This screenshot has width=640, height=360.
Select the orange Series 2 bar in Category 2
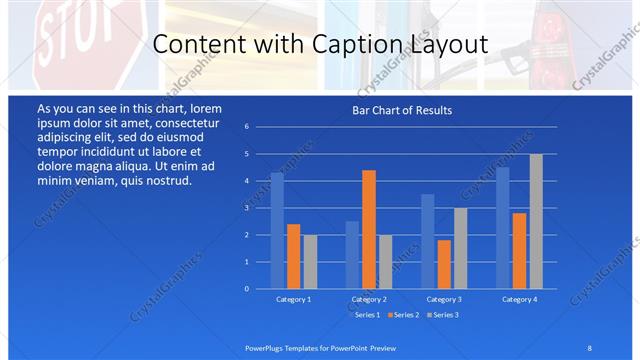[x=369, y=229]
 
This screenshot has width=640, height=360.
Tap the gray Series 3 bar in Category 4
[x=536, y=221]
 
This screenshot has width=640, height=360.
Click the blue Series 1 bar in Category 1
[x=277, y=230]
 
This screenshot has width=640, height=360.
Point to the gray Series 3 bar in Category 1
[x=310, y=261]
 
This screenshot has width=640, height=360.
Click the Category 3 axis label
[x=443, y=299]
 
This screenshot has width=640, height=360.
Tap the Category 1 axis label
[x=293, y=299]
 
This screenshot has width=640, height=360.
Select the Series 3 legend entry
[x=444, y=315]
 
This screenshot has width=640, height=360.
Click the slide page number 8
[x=589, y=347]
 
